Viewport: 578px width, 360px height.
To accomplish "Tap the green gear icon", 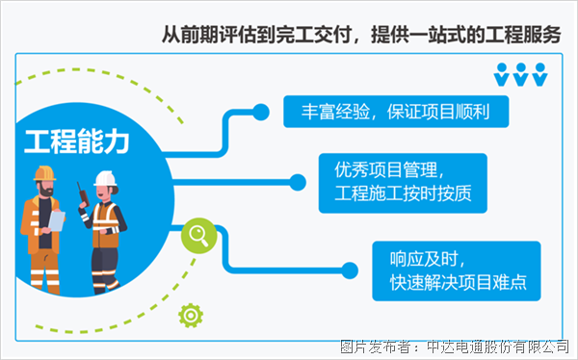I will (x=191, y=314).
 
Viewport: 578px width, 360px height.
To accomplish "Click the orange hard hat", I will (x=45, y=173).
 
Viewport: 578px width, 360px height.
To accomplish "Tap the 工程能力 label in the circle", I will (x=76, y=141).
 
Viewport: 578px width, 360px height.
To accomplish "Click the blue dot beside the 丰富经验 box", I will (x=259, y=111).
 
